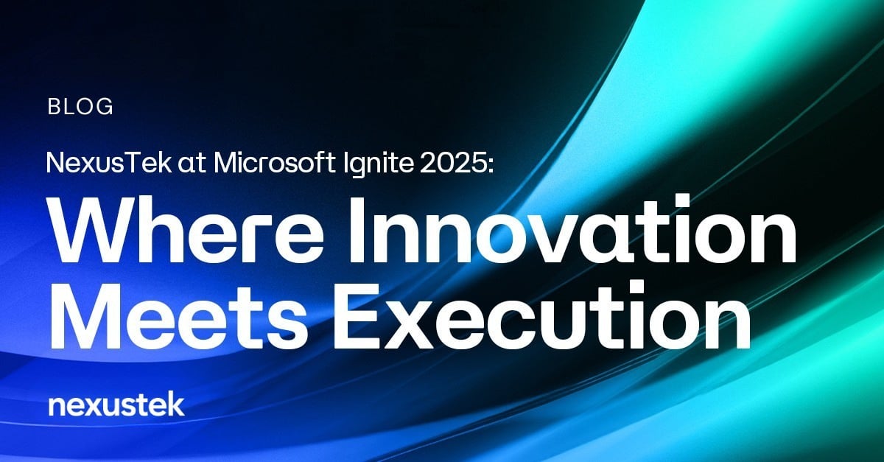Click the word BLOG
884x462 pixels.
(x=80, y=107)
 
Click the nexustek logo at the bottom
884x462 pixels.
(x=115, y=405)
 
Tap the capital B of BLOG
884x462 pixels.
(x=54, y=107)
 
